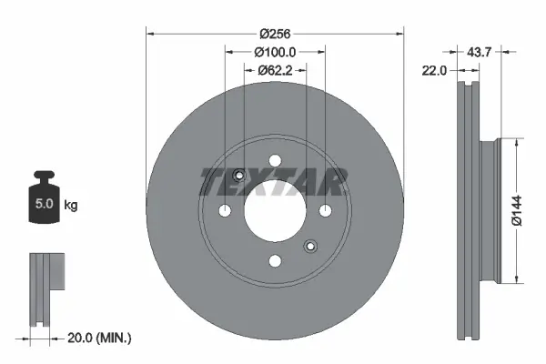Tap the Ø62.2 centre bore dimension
pos(273,70)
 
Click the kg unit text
pos(70,206)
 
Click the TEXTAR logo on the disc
pos(273,182)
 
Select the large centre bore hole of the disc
pos(274,212)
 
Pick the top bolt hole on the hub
pos(274,163)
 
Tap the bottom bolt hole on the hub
pos(274,261)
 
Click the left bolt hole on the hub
pos(225,212)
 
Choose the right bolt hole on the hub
pos(323,212)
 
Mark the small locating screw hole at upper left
pos(238,177)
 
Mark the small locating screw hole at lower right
pos(309,246)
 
